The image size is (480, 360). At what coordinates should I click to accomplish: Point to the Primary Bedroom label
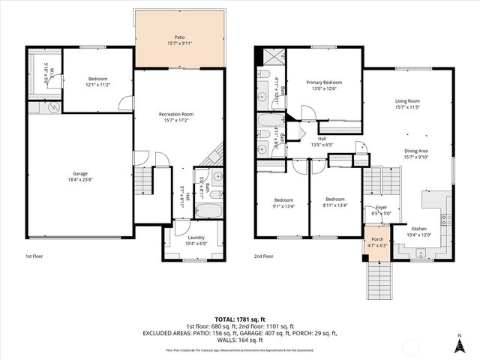(324, 82)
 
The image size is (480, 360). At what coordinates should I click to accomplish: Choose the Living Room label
(407, 100)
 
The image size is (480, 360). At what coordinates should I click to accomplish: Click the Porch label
(375, 240)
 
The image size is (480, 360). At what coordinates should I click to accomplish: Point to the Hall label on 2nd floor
(321, 138)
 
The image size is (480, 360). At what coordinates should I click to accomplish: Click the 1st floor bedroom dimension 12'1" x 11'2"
(97, 84)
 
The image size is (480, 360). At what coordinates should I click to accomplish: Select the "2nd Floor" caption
(263, 256)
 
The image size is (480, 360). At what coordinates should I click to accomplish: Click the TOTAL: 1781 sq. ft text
(240, 319)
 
